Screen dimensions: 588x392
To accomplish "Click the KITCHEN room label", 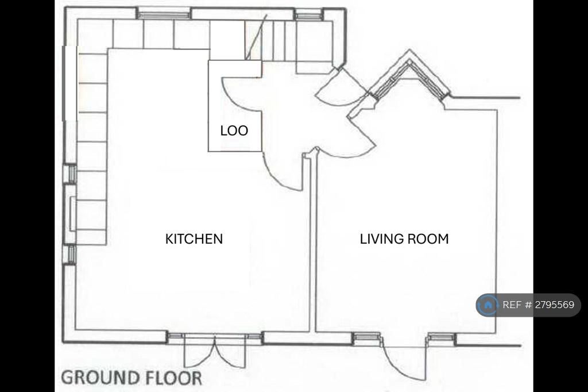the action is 194,239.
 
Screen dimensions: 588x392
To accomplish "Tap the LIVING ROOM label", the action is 404,239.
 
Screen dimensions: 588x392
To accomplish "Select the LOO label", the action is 234,130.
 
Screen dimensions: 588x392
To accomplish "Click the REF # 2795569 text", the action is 538,305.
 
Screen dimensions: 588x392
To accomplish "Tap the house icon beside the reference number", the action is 488,305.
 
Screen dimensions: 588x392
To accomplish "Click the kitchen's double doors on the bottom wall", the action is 215,351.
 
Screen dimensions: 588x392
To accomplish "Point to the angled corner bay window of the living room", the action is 409,75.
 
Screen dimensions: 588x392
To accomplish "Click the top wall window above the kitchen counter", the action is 164,15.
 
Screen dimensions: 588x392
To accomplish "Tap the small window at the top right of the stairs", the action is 308,16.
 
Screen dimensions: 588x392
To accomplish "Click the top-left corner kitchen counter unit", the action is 95,34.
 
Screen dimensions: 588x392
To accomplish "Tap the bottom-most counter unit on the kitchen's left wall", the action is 91,237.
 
